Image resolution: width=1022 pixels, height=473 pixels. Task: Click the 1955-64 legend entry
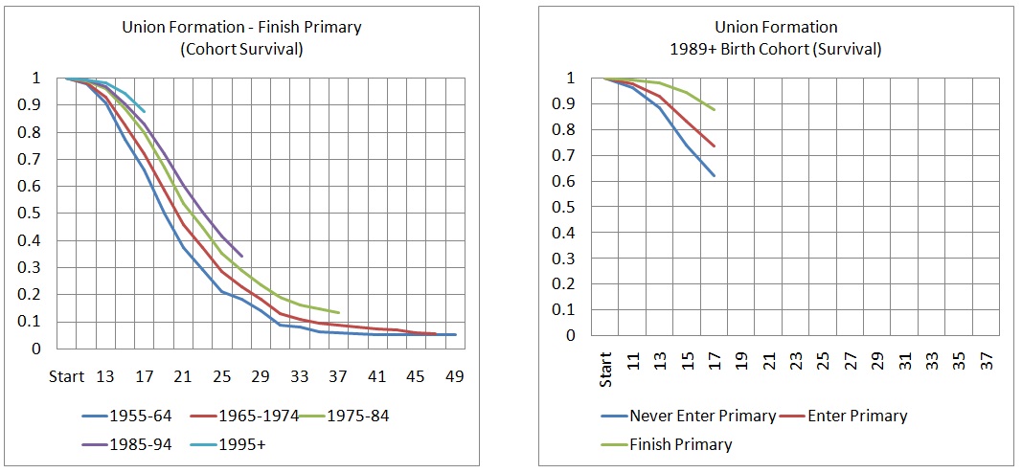[131, 416]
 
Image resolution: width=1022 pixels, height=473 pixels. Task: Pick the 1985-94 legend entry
[131, 443]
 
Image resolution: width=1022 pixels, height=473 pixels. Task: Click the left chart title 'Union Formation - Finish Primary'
[241, 28]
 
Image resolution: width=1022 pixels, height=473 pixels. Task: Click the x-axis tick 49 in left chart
[455, 376]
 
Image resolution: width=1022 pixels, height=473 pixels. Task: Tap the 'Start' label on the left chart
[65, 376]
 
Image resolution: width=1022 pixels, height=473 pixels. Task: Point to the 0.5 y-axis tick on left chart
[35, 214]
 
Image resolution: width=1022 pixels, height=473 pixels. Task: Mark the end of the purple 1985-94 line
[242, 257]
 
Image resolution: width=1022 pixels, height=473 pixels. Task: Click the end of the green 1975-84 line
[339, 313]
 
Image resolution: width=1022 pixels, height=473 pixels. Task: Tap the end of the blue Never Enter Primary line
[715, 176]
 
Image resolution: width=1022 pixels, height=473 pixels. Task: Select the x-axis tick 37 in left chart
[338, 376]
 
